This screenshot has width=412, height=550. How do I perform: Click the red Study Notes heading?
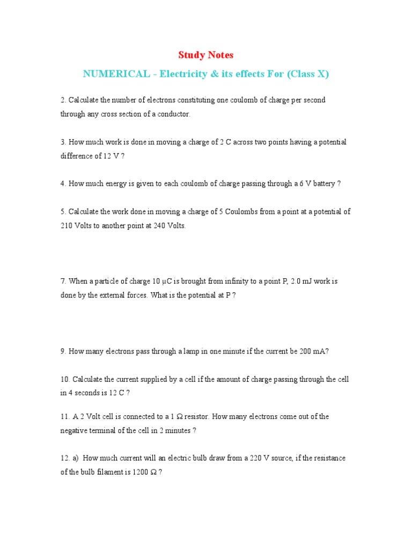coord(205,55)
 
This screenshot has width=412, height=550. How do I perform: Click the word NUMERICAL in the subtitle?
coord(116,74)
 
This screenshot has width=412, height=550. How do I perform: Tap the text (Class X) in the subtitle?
coord(308,74)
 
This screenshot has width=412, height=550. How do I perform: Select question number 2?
coord(63,100)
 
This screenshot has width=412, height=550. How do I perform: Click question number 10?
coord(65,379)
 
